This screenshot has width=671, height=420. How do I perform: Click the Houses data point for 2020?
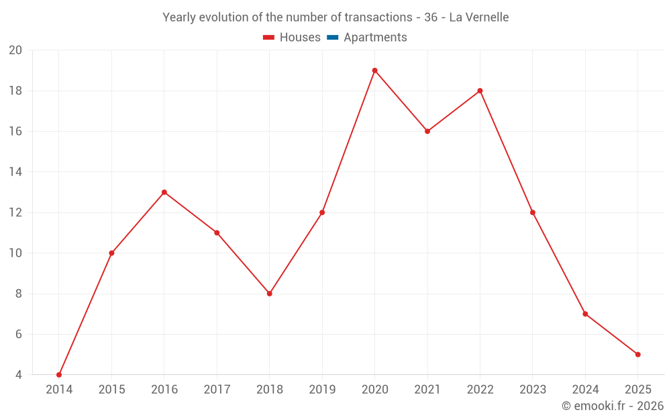point(374,71)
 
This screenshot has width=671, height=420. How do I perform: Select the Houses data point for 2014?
point(59,374)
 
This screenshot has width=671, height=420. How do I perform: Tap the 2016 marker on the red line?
point(164,192)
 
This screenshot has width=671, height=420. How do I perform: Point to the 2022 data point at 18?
point(480,91)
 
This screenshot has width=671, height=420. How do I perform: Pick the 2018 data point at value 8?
point(269,294)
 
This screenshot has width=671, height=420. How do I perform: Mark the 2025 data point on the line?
point(637,354)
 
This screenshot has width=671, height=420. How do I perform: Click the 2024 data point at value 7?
point(585,314)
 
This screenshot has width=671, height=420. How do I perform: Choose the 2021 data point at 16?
point(427,131)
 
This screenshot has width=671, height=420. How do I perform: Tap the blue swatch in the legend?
point(332,38)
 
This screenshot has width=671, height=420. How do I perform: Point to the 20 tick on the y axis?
point(15,50)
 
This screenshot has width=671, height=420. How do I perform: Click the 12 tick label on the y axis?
point(15,212)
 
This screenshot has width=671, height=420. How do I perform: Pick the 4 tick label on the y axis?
point(19,374)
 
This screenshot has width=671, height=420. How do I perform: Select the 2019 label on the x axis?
point(322,390)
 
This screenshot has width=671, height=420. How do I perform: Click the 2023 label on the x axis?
point(532,390)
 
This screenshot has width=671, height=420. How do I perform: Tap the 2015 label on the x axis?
point(111,390)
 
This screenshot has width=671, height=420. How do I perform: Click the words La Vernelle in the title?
point(478,17)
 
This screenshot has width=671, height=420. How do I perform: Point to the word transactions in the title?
point(372,17)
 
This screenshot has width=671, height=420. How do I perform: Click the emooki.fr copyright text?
point(612,406)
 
